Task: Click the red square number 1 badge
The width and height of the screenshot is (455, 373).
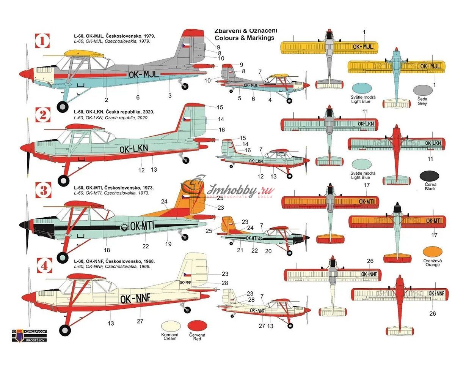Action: (x=42, y=41)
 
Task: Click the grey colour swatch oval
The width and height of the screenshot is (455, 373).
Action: (x=422, y=90)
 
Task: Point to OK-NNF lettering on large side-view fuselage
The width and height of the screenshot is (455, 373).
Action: (x=135, y=299)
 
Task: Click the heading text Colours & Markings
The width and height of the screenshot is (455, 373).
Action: (x=244, y=38)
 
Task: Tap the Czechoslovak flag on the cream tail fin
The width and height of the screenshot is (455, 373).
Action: (x=187, y=274)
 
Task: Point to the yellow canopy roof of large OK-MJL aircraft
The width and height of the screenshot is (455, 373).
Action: (x=81, y=53)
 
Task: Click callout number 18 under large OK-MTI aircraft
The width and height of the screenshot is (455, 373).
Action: (x=107, y=250)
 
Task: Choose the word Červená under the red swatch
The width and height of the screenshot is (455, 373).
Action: (x=197, y=335)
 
